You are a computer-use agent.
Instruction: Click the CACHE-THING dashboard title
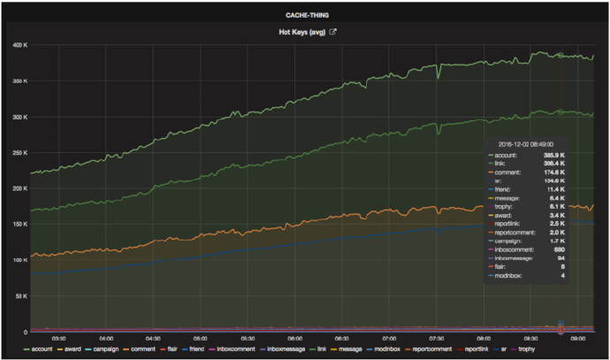(x=304, y=14)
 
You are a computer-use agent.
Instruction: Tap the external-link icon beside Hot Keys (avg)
(x=333, y=33)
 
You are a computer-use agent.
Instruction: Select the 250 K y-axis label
(x=19, y=152)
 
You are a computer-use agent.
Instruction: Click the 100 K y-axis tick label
(x=19, y=260)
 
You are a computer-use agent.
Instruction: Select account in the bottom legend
(x=37, y=350)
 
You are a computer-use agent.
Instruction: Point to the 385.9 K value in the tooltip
(x=551, y=155)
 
